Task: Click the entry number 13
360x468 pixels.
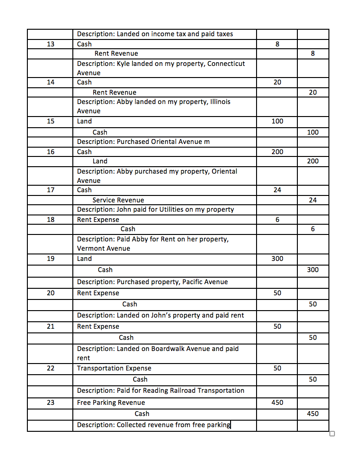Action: tap(51, 44)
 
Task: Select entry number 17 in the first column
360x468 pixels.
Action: tap(51, 190)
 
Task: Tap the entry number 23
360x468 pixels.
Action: tap(51, 403)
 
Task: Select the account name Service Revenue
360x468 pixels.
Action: tap(118, 200)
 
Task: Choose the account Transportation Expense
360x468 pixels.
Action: tap(114, 368)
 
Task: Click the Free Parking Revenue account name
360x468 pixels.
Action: tap(111, 403)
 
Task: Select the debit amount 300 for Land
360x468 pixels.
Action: tap(277, 259)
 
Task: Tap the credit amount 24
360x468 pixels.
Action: tap(313, 200)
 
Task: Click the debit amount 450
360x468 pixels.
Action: tap(277, 403)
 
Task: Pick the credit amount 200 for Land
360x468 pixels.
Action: tap(313, 161)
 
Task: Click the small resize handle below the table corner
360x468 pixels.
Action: tap(332, 434)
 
